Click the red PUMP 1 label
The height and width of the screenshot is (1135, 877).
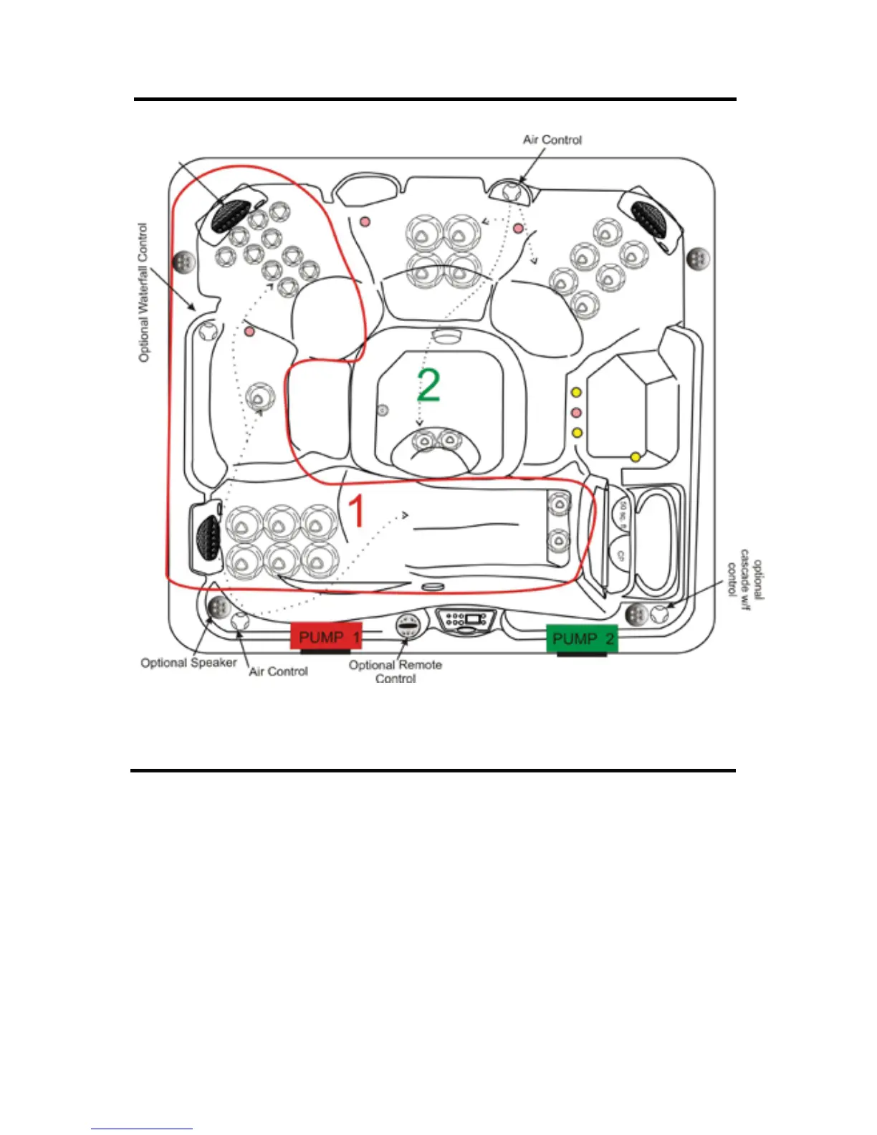pos(326,636)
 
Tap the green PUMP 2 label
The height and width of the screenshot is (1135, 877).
pos(582,638)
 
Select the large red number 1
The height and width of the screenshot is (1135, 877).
pos(356,512)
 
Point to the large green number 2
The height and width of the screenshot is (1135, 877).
pos(428,385)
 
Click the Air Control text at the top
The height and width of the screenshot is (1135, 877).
pos(552,140)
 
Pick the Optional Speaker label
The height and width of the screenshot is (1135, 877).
pos(188,663)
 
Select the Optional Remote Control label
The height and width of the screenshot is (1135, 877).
pos(395,671)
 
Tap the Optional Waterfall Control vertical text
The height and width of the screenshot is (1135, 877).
pos(143,292)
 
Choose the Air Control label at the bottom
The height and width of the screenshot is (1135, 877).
pos(278,671)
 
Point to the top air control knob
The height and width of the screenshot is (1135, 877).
pos(512,191)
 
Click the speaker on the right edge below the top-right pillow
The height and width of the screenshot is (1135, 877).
pos(697,258)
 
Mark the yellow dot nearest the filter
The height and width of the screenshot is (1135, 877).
pos(635,456)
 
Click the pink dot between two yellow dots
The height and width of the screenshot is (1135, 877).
pos(575,413)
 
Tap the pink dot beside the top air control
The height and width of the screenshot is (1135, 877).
pos(518,229)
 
